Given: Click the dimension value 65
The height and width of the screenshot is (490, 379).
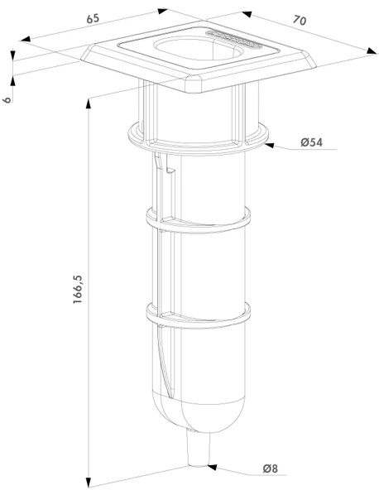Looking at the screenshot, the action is click(93, 19).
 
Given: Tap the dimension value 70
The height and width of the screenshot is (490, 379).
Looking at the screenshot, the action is click(300, 21).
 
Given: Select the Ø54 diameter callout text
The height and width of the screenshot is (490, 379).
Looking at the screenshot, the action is click(311, 142).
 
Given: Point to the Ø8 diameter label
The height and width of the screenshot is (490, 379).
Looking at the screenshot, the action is click(271, 468).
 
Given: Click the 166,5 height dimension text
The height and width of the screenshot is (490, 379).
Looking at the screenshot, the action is click(77, 290).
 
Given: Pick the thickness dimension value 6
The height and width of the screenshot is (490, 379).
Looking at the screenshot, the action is click(7, 99).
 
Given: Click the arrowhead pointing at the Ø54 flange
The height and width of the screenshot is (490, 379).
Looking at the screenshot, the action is click(269, 145).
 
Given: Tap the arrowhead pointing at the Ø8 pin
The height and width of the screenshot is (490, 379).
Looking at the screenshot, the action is click(212, 467).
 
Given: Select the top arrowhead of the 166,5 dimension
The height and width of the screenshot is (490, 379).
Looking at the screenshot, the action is click(89, 103).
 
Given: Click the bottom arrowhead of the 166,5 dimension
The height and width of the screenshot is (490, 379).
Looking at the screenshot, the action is click(89, 482).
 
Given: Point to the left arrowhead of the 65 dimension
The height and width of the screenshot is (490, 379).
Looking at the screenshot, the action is click(26, 39).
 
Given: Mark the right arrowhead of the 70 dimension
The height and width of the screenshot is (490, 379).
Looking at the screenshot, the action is click(372, 51).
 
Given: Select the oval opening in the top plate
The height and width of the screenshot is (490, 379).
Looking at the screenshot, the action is click(198, 50).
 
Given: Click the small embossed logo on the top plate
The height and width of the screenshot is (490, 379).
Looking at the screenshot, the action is click(233, 39).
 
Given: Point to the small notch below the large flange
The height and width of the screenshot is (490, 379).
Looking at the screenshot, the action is click(171, 171).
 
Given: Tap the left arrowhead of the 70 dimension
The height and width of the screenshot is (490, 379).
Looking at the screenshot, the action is click(247, 14).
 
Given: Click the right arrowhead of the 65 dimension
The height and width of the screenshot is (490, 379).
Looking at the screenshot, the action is click(162, 12).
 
